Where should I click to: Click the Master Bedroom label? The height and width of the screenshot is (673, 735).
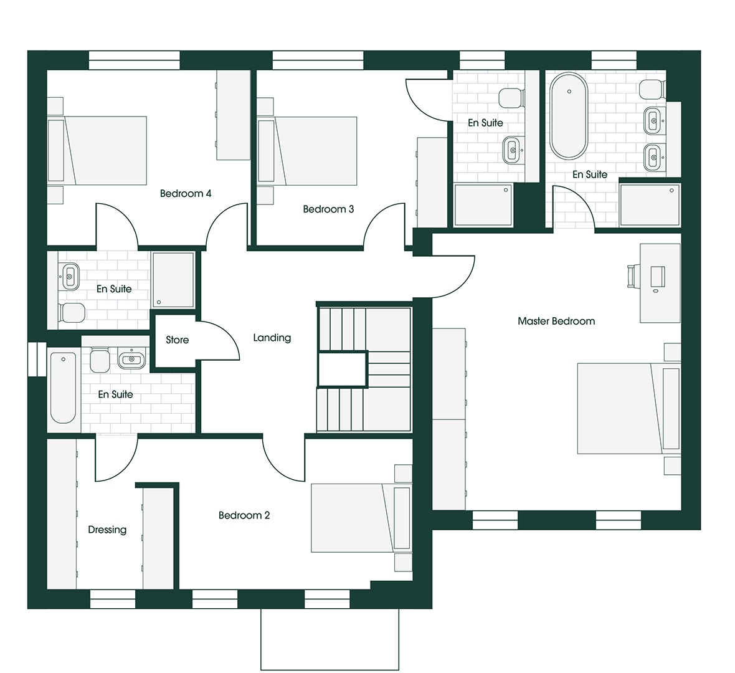click(556, 322)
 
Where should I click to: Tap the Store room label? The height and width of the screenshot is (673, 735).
click(177, 340)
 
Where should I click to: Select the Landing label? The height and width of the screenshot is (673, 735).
click(272, 338)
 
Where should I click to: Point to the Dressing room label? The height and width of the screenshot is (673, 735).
click(107, 530)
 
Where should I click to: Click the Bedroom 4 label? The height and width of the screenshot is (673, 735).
click(186, 193)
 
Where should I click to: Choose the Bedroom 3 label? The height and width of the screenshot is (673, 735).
click(328, 209)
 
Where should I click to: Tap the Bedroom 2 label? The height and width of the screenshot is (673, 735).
click(244, 515)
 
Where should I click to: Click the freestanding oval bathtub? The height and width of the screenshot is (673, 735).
click(569, 116)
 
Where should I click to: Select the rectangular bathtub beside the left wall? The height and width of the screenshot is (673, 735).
click(63, 388)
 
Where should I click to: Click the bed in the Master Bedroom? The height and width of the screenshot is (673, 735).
click(628, 408)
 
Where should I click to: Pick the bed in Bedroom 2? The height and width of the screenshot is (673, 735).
click(361, 518)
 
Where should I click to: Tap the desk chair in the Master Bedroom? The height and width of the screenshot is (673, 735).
click(632, 275)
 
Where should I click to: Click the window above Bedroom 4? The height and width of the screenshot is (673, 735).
click(134, 60)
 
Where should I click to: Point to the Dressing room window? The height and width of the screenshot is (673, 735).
click(113, 599)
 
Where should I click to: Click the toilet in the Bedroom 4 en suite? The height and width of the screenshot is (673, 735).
click(72, 312)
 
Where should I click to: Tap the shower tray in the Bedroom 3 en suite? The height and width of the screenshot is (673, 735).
click(483, 204)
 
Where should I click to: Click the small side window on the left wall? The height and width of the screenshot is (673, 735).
click(32, 360)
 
